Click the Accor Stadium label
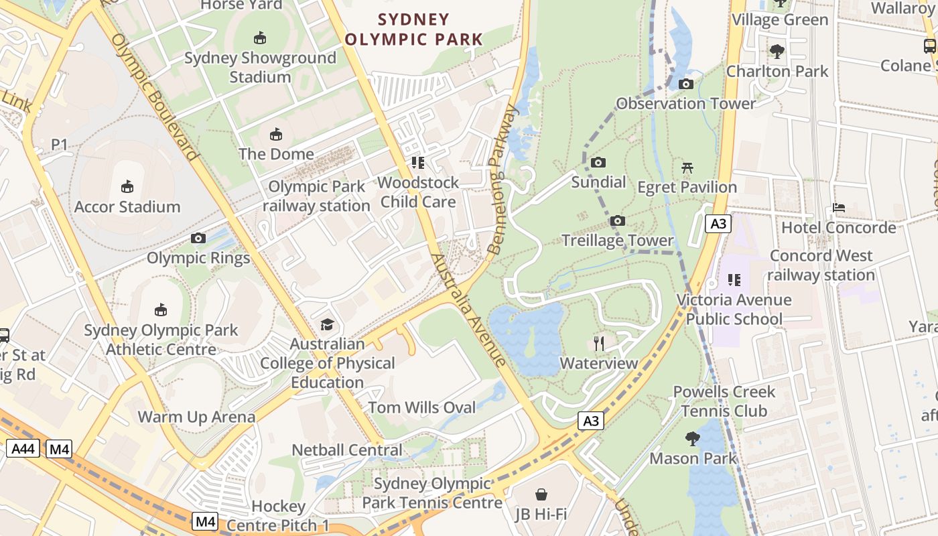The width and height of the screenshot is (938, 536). (127, 207)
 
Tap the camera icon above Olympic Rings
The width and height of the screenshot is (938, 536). (198, 238)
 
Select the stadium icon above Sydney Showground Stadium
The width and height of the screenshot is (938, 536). (260, 38)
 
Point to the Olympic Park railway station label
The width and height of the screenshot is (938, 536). (316, 196)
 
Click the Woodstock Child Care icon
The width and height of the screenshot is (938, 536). (419, 163)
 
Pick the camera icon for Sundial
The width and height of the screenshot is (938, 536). (598, 163)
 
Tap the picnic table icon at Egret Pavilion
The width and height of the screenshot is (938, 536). (687, 168)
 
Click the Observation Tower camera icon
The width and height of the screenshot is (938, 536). (685, 84)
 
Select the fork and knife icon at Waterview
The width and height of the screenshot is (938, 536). (599, 344)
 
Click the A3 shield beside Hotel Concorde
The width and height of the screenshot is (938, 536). (718, 224)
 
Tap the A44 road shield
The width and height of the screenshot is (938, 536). (23, 449)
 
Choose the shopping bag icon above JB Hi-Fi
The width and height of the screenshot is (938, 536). (541, 495)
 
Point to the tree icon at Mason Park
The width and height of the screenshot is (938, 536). (693, 440)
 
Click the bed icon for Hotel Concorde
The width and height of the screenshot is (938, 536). (838, 208)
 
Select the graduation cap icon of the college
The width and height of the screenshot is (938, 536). (327, 325)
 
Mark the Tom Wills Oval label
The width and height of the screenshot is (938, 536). (422, 407)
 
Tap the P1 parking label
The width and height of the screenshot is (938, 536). (60, 145)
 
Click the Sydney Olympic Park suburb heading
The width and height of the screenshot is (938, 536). (413, 29)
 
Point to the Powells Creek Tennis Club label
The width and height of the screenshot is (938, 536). (724, 401)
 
